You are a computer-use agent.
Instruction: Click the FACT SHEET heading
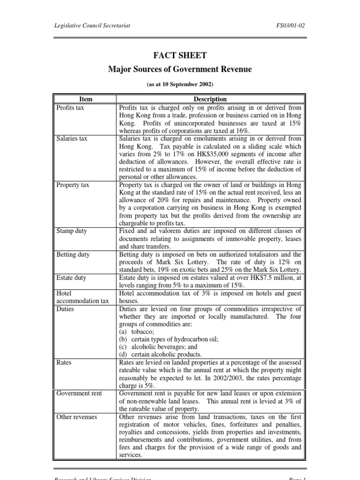click(x=180, y=55)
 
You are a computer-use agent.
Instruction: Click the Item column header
click(x=86, y=99)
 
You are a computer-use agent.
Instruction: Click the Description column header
click(x=210, y=99)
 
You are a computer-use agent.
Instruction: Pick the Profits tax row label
click(x=70, y=107)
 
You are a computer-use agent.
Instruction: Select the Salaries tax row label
click(x=72, y=139)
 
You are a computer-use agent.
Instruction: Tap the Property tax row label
click(x=73, y=185)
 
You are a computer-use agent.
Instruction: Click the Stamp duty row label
click(x=71, y=231)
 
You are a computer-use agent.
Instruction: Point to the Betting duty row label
click(x=73, y=255)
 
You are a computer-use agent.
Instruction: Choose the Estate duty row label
click(x=71, y=277)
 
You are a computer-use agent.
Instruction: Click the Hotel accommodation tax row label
click(x=82, y=297)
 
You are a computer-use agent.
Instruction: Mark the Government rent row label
click(x=79, y=393)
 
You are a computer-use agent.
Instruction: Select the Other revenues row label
click(x=76, y=416)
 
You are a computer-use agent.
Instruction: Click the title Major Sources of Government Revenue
click(x=180, y=69)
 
